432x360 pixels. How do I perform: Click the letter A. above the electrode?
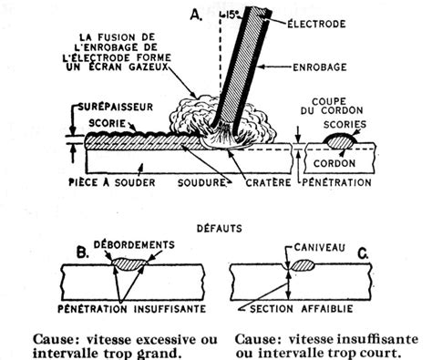point(196,14)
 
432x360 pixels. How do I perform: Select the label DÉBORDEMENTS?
point(139,242)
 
